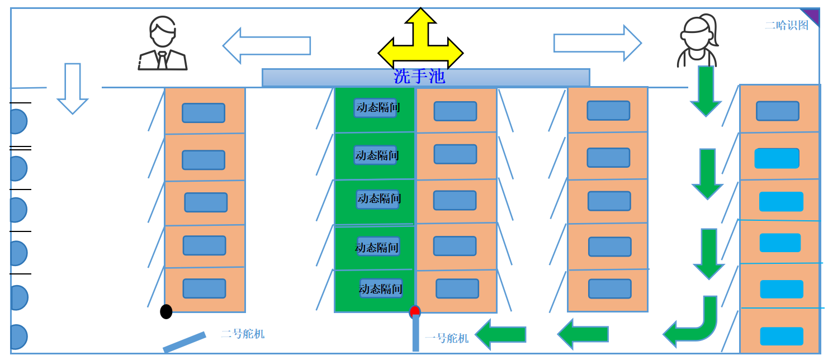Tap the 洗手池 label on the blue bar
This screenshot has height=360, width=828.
point(419,77)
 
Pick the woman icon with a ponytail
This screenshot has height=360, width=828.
point(697,41)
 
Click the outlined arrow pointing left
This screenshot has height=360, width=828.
point(267,46)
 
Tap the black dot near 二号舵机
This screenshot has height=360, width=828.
point(166,312)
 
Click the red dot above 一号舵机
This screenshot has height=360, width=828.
point(415,311)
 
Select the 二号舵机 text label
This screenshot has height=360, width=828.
point(243,334)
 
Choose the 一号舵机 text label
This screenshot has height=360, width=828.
point(446,338)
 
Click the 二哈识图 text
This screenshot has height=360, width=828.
point(786,25)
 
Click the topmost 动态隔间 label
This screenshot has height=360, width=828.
point(378,107)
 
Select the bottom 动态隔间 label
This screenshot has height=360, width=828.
point(380,289)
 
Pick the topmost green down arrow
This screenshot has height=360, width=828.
point(706,90)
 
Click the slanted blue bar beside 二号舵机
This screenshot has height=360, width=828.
point(184,342)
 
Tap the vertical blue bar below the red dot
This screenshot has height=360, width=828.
point(415,334)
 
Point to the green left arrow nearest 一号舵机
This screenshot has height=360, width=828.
point(501,334)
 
